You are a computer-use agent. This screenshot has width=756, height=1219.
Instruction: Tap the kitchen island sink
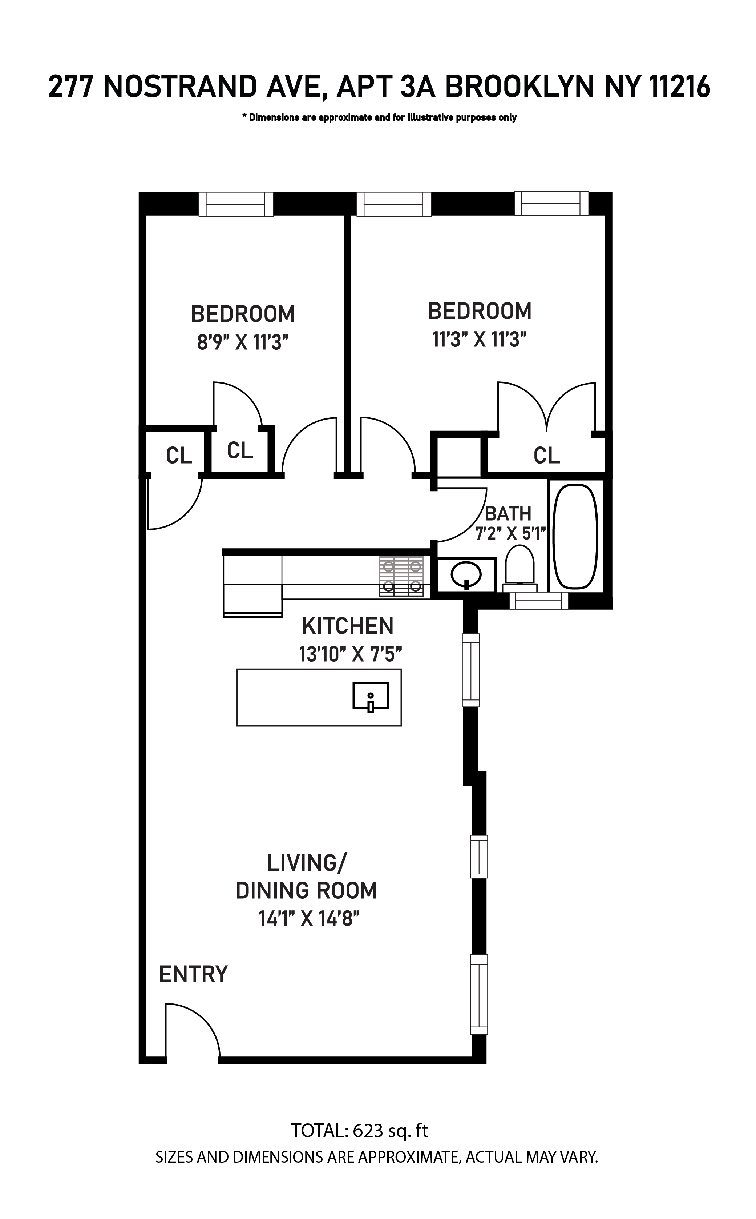pos(371,696)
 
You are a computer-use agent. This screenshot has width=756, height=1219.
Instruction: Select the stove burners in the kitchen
pos(401,576)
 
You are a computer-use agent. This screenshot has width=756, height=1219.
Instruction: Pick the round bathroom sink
pos(466,575)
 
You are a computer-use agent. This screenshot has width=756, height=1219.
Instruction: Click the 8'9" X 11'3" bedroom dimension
pos(243,343)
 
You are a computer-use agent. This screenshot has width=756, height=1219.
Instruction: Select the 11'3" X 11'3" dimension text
pos(480,340)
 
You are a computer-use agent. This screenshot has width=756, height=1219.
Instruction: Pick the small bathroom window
pos(539,600)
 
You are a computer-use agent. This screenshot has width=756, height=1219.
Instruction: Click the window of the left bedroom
pos(236,204)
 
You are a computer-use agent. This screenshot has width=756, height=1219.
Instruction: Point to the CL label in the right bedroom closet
pos(546,455)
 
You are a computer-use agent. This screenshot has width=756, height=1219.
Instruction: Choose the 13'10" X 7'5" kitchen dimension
pos(351,654)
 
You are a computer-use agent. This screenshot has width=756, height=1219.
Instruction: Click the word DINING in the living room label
pos(270,891)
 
